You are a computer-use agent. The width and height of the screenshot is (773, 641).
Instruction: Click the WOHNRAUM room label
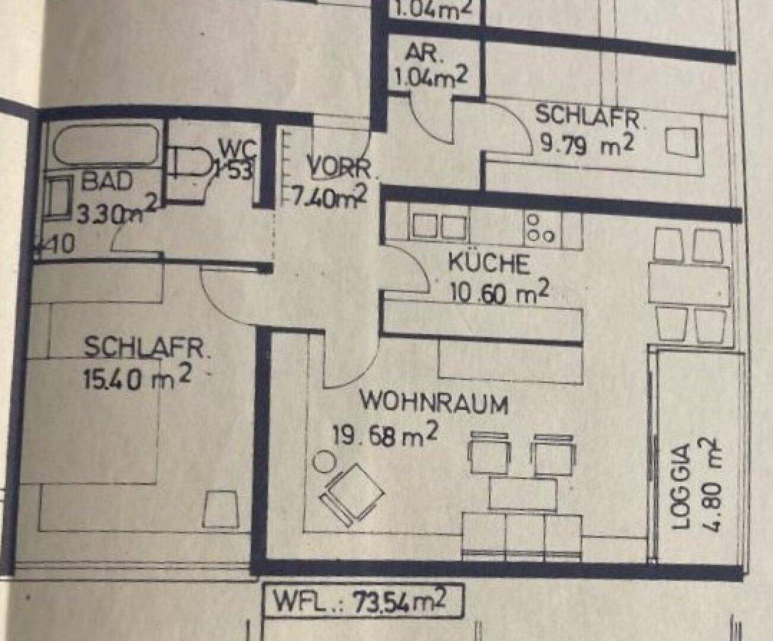435,404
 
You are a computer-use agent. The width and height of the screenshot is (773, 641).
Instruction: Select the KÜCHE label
489,264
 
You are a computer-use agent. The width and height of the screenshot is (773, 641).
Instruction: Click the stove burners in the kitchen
540,227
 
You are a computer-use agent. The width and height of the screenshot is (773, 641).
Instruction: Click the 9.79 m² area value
585,144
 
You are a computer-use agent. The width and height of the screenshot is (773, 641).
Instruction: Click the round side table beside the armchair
324,461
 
